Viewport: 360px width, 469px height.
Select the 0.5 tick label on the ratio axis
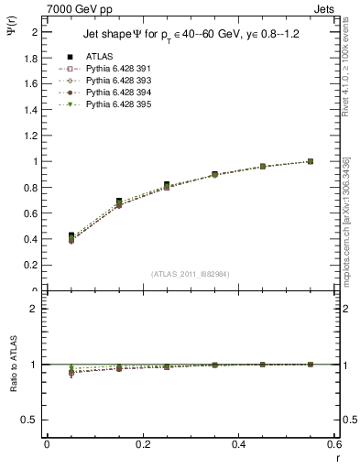tap(31, 420)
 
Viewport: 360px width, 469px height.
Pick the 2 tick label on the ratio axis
tap(35, 309)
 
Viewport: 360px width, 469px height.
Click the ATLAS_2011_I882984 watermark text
tap(190, 273)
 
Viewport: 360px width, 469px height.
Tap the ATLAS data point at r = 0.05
tap(71, 236)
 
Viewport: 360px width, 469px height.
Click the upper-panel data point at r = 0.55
tap(311, 161)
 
